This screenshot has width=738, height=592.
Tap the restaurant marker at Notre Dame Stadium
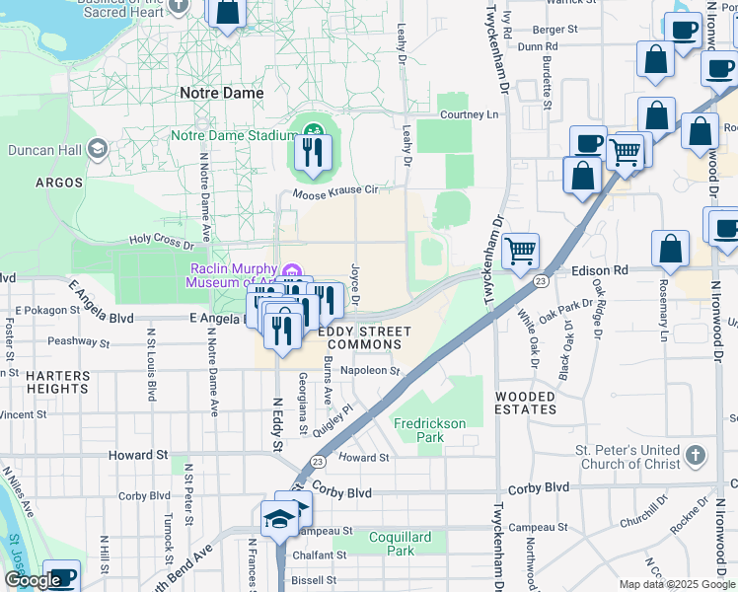coord(313,154)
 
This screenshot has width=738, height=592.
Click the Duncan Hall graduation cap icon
coord(97,150)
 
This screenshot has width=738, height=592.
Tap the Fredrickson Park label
coord(429,430)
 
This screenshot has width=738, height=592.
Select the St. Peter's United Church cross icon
coord(696,456)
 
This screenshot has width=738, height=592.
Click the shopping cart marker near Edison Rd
coord(520,250)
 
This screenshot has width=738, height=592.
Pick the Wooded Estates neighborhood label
coord(526,403)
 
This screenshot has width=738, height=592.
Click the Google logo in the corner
coord(33,580)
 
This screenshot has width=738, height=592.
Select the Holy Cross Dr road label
coord(161,239)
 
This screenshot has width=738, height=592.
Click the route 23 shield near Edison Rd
coord(540,281)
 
